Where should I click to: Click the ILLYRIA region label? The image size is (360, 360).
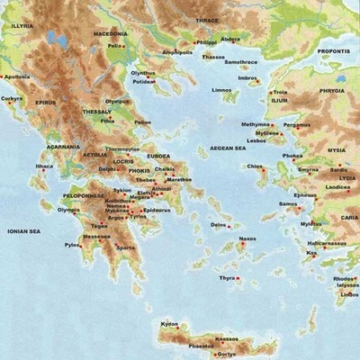tap(22, 26)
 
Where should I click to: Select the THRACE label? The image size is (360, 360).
tap(207, 19)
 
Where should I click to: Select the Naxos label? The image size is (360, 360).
tap(247, 238)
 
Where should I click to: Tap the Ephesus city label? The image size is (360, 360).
tap(305, 195)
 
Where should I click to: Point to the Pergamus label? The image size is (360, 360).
tap(296, 124)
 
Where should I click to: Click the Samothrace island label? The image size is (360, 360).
tap(241, 62)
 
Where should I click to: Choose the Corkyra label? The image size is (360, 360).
tap(12, 98)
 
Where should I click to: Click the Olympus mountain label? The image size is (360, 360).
tap(117, 102)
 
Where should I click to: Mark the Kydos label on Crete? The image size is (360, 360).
tap(169, 323)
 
